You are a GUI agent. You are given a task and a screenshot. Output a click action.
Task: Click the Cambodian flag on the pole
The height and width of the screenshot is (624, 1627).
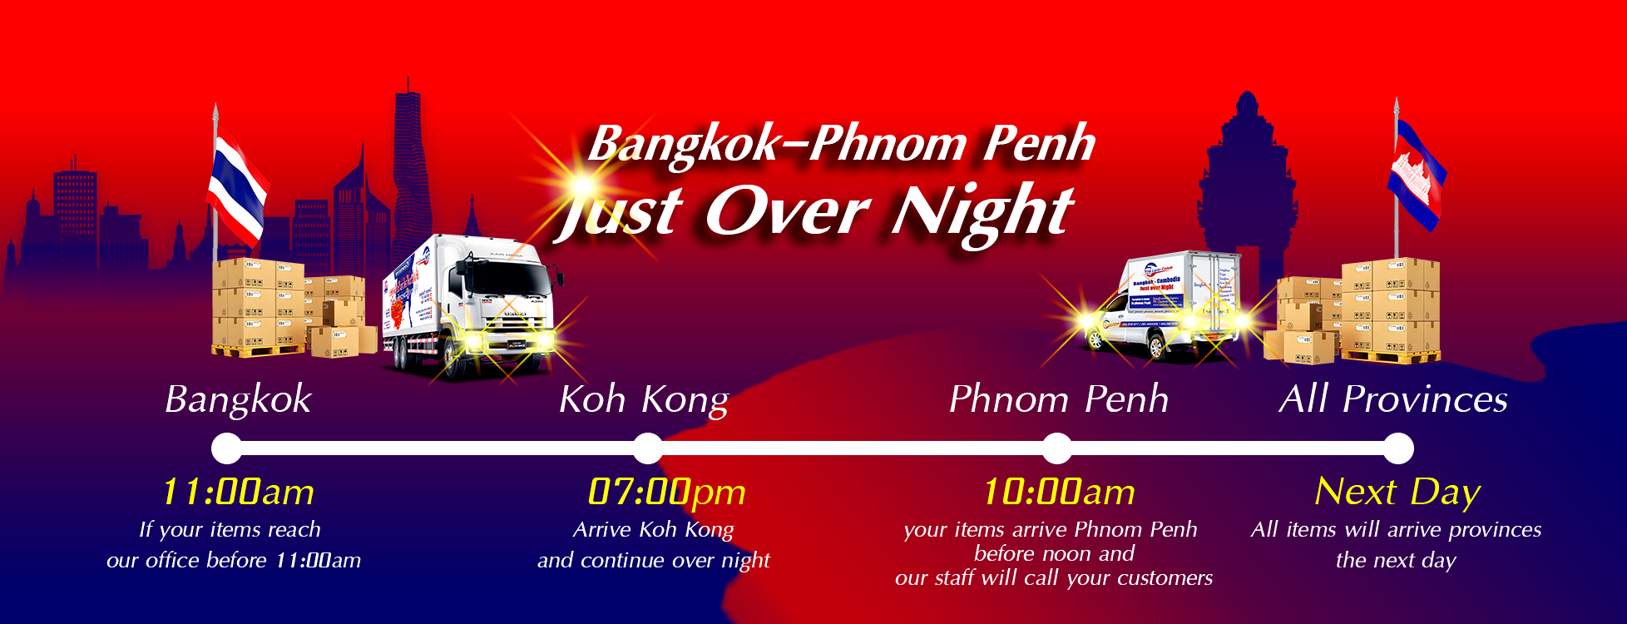coord(1417,175)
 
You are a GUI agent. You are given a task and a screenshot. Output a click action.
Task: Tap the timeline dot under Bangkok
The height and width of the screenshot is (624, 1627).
coord(226,448)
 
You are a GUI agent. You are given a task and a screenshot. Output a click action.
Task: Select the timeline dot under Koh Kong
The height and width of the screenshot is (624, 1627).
coord(648,448)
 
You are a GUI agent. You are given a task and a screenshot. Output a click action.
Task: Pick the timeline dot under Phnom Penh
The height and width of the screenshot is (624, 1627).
coord(1057,448)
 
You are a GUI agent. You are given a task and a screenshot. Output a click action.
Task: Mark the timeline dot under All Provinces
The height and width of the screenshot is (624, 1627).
coord(1398,448)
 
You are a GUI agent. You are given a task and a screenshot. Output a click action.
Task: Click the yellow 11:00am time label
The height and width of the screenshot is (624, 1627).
coord(238,492)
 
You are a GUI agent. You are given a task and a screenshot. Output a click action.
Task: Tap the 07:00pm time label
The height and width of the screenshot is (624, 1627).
coord(666,492)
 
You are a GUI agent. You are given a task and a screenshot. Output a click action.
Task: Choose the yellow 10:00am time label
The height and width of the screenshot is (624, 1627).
coord(1059,492)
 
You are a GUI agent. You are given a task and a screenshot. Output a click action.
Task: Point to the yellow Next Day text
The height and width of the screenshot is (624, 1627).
coord(1397,492)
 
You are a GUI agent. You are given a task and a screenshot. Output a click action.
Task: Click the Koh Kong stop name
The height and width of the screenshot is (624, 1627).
coord(644,400)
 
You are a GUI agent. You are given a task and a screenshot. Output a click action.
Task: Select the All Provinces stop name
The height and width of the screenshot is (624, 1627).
coord(1393,400)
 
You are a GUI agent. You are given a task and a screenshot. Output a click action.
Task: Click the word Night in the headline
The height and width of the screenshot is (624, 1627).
coord(982,211)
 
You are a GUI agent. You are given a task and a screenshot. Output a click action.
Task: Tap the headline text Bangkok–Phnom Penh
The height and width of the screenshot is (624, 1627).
coord(841,144)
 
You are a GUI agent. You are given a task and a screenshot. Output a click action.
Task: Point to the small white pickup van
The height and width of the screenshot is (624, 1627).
coord(1160,308)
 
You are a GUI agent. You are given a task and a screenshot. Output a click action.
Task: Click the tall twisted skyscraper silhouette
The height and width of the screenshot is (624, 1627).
coord(410,166)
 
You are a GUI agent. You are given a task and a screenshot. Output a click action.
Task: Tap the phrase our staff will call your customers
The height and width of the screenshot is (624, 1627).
coord(1054,578)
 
